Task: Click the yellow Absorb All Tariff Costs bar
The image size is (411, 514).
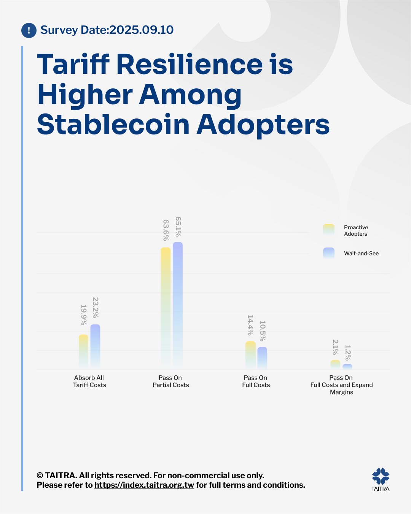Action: [83, 352]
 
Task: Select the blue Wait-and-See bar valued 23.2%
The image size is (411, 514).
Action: [95, 346]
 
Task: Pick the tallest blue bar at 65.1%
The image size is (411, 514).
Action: [178, 305]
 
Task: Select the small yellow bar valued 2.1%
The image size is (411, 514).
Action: [335, 364]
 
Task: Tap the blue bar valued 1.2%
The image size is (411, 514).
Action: [347, 367]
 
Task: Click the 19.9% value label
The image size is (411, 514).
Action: [84, 315]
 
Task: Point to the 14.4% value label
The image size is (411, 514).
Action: [250, 325]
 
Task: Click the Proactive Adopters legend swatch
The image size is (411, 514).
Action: [329, 230]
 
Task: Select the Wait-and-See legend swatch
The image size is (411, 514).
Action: [329, 253]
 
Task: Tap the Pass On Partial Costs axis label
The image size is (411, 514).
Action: [170, 381]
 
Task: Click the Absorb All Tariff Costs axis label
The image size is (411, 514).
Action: [89, 381]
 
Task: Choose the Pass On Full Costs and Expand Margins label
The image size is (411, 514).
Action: [341, 385]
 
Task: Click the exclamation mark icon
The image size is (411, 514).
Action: [29, 30]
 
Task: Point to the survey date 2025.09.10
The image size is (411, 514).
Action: [141, 30]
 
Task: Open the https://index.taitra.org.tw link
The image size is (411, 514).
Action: [144, 485]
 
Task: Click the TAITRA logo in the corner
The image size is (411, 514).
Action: [381, 479]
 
